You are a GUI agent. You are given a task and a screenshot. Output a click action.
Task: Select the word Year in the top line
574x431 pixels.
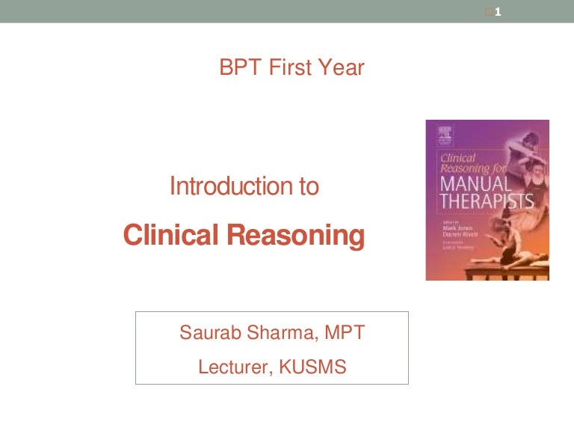(x=340, y=69)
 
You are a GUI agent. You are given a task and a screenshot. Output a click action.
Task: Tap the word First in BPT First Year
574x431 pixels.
(x=288, y=69)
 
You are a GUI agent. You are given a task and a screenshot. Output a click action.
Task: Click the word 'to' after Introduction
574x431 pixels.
(x=309, y=186)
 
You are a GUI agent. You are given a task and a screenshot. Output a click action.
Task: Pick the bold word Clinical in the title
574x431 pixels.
(x=171, y=235)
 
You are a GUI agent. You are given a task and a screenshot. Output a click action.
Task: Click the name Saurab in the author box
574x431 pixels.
(x=208, y=333)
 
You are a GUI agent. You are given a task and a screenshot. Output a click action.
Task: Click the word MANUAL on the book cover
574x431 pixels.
(x=475, y=183)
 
